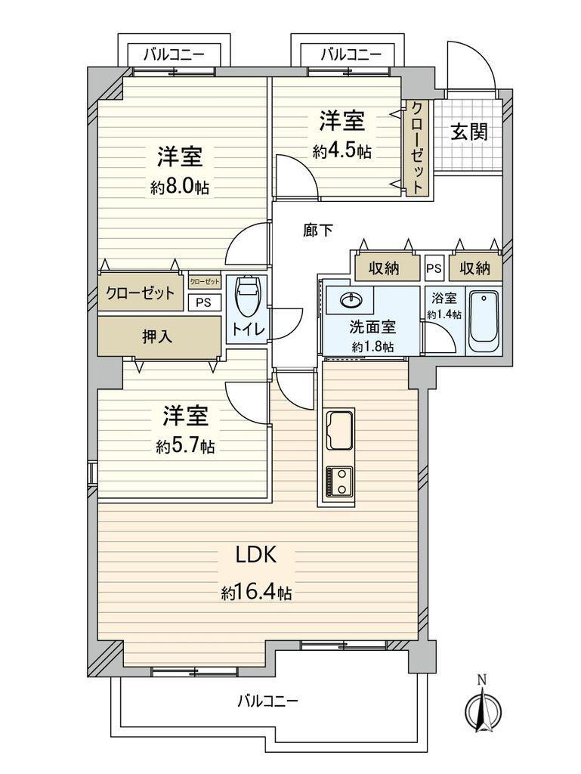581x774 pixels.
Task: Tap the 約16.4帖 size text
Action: pyautogui.click(x=257, y=593)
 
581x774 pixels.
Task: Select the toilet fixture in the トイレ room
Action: pyautogui.click(x=248, y=296)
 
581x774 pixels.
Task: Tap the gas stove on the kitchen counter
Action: pyautogui.click(x=338, y=481)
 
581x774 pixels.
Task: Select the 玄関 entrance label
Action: pyautogui.click(x=469, y=132)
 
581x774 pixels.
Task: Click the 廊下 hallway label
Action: pyautogui.click(x=317, y=231)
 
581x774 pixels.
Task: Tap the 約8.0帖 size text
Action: pyautogui.click(x=180, y=187)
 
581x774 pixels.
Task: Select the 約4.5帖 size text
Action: pyautogui.click(x=342, y=150)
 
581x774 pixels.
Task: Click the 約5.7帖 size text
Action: pyautogui.click(x=185, y=447)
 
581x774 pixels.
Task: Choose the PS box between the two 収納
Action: pyautogui.click(x=434, y=268)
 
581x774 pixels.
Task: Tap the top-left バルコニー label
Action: pyautogui.click(x=173, y=54)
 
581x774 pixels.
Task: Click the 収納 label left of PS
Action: pyautogui.click(x=385, y=268)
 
